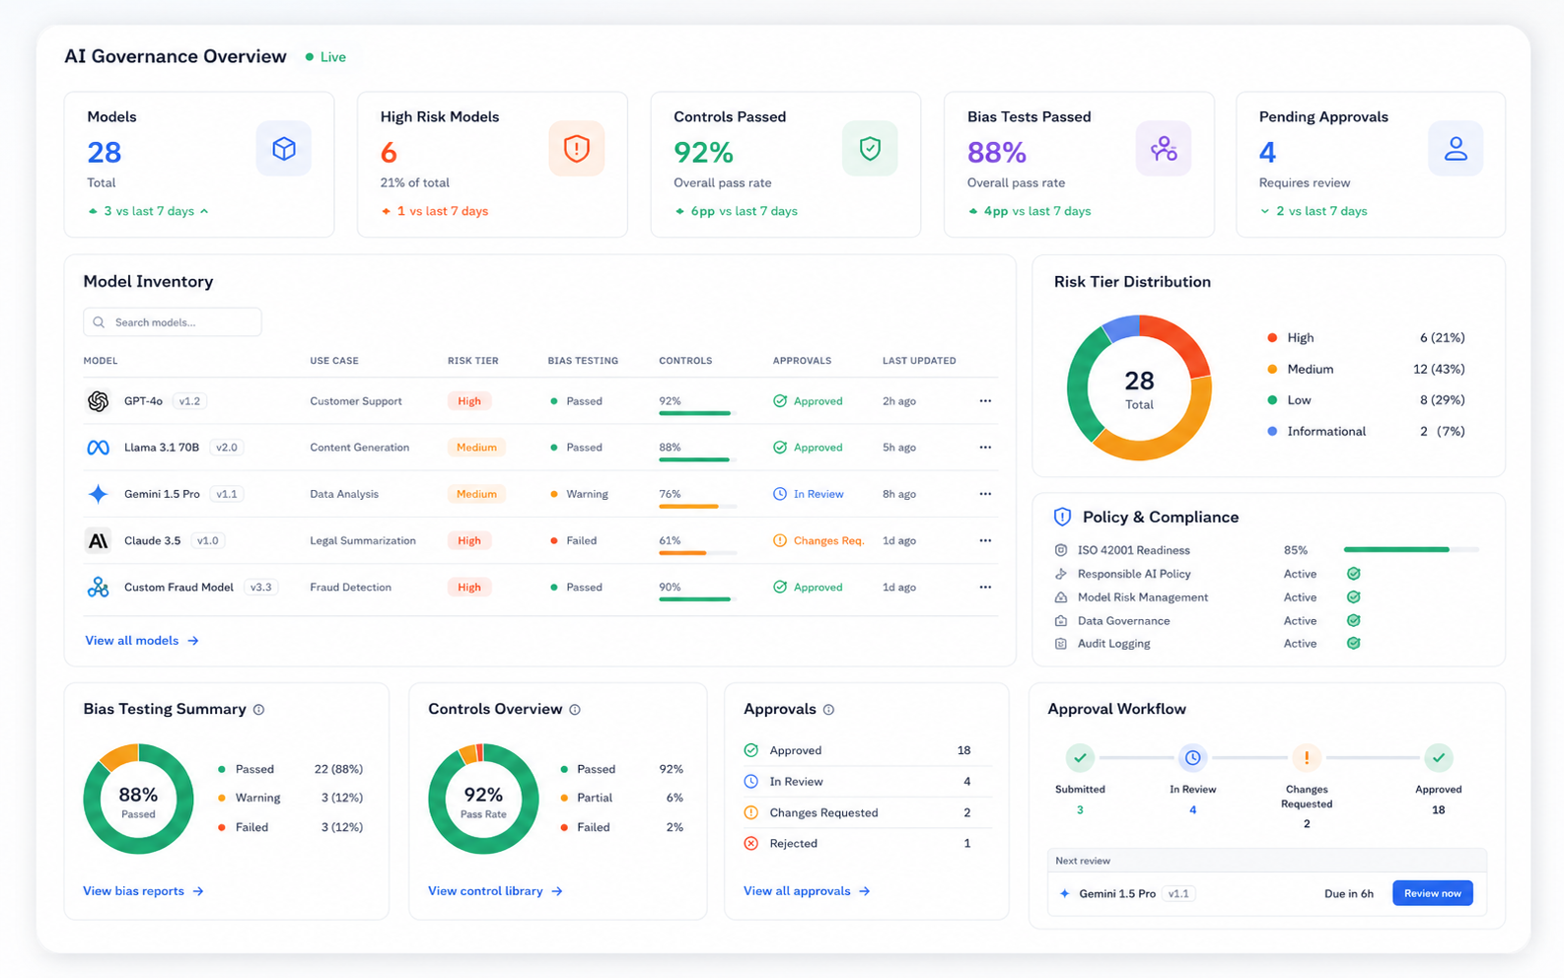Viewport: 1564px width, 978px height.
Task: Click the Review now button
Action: click(x=1432, y=893)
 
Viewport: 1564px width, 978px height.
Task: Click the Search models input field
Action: click(x=173, y=321)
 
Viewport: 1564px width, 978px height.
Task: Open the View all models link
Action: click(x=142, y=640)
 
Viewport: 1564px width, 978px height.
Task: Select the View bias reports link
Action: click(x=143, y=890)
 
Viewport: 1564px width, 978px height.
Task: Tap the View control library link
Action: click(x=495, y=890)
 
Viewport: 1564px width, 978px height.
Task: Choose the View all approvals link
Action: click(x=807, y=890)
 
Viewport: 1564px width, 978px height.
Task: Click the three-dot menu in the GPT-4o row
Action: click(x=985, y=400)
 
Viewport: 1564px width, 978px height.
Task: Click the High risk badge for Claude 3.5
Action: click(x=469, y=540)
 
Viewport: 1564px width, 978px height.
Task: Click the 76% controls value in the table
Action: click(x=670, y=494)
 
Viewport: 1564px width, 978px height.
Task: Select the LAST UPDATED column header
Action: click(x=919, y=360)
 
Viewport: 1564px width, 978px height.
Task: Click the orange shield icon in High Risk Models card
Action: click(x=577, y=148)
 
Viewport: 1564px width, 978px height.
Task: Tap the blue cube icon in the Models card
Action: click(x=283, y=148)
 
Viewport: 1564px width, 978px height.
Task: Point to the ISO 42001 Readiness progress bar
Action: click(x=1411, y=549)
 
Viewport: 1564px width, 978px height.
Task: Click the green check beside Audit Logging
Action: click(x=1353, y=643)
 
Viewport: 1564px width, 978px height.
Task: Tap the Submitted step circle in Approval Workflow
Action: click(x=1080, y=757)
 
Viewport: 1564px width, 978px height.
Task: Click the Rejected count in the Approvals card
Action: click(x=967, y=843)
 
